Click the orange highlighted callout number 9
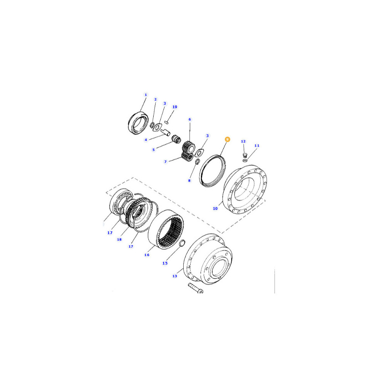tap(228, 139)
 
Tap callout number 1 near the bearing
tap(146, 95)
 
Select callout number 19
tap(174, 107)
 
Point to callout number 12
tap(243, 141)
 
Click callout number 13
tap(174, 276)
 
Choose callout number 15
tap(165, 263)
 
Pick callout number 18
tap(119, 239)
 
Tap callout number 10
tap(215, 208)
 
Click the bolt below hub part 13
tap(196, 288)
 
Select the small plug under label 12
tap(244, 155)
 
